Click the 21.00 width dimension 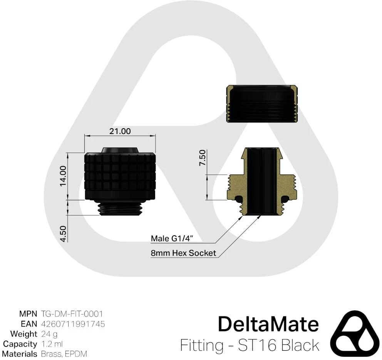[120, 131]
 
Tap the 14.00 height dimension [63, 176]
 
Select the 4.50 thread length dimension [63, 234]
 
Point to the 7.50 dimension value [203, 158]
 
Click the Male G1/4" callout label [172, 238]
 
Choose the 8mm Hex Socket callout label [183, 253]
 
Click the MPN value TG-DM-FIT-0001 [72, 314]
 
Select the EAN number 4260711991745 [73, 324]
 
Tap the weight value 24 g [49, 334]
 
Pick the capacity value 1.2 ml [52, 344]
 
